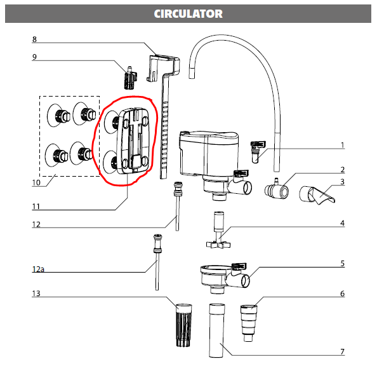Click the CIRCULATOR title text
[x=188, y=13]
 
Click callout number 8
[x=34, y=39]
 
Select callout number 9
[x=34, y=57]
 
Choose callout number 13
[x=36, y=294]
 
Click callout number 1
[x=342, y=146]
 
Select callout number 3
[x=342, y=182]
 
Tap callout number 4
[x=342, y=223]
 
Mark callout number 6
[x=342, y=294]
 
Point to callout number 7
[x=342, y=351]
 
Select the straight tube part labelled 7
[x=217, y=331]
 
